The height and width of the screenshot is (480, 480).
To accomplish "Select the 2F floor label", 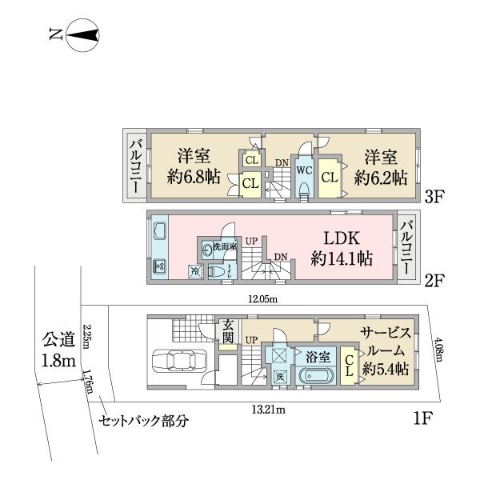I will point(435,281).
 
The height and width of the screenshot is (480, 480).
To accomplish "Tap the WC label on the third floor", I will point(304,170).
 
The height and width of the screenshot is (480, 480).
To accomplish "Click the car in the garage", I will point(178,362).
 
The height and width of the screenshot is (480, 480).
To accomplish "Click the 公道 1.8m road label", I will point(59,352).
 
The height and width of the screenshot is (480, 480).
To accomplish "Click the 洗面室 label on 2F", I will point(223,247).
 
